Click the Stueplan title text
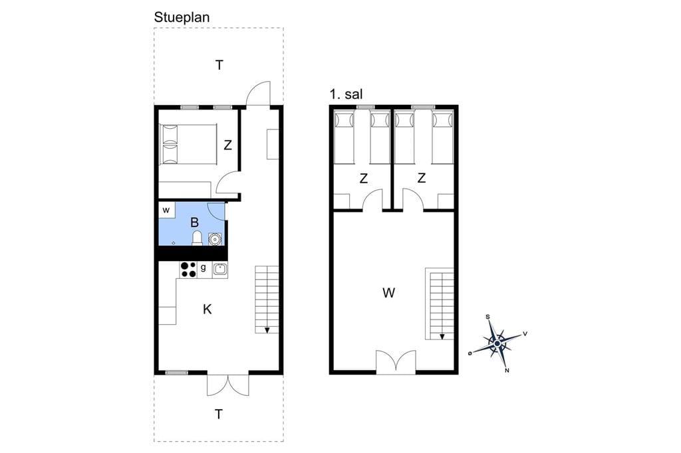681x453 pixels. pos(182,17)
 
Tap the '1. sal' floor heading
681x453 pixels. pos(346,94)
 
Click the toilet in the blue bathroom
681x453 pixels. pos(197,238)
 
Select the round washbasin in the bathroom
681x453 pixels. pos(215,239)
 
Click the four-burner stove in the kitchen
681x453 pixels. pos(188,270)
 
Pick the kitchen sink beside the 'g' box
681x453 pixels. pos(219,270)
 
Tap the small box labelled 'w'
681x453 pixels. pos(166,211)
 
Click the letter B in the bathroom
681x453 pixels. pos(195,223)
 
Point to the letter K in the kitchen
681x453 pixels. pos(207,310)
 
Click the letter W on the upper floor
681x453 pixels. pos(388,293)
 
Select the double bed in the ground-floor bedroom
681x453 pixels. pos(188,145)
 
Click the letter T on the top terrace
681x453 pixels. pos(219,66)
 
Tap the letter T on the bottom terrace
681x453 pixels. pos(219,414)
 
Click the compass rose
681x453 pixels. pos(497,343)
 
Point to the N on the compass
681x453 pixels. pos(507,371)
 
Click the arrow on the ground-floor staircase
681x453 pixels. pos(267,330)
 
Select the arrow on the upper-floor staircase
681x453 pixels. pos(442,336)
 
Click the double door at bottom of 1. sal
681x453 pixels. pos(396,362)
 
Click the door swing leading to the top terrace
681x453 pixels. pos(258,93)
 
